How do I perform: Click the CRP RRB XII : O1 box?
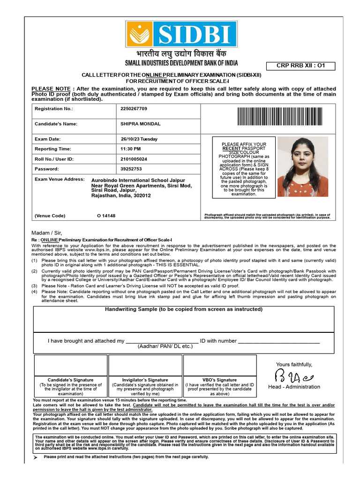(301, 66)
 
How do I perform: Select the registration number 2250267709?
(134, 109)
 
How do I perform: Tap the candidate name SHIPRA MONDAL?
(141, 124)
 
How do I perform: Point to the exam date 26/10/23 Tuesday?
(139, 139)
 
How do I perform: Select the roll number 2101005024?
(134, 159)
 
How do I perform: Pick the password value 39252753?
(131, 169)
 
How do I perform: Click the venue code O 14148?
(106, 216)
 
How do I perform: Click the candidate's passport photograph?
(302, 166)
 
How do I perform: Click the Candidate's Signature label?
(70, 380)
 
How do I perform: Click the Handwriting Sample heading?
(183, 309)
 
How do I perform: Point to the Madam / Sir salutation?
(46, 233)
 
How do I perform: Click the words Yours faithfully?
(294, 365)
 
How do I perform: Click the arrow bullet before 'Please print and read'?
(36, 457)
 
